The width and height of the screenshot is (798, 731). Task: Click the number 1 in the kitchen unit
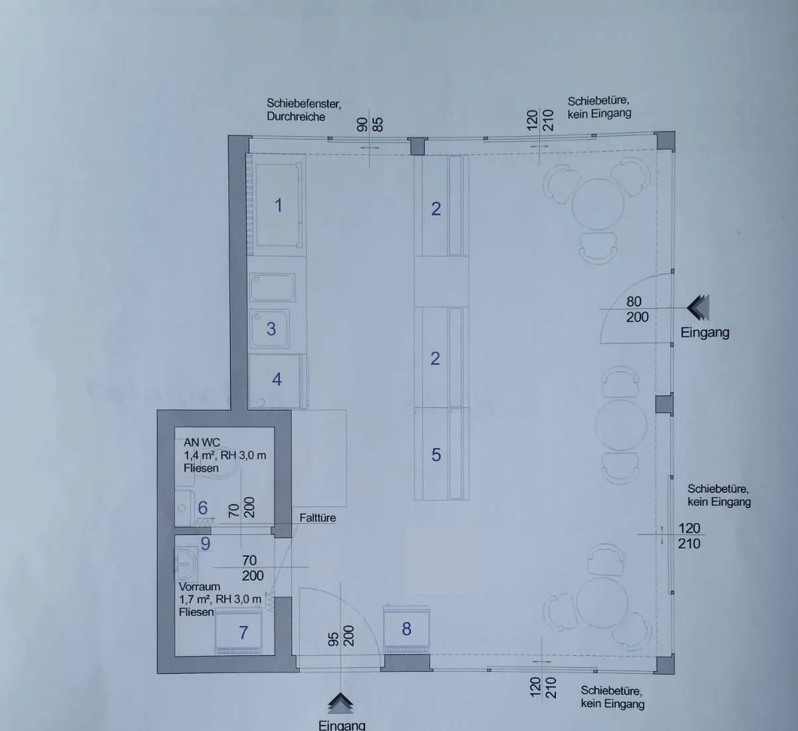279,205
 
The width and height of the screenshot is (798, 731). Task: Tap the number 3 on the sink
271,329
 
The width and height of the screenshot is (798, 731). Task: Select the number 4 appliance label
277,379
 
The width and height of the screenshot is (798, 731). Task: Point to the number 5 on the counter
436,455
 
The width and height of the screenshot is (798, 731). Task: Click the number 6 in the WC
202,508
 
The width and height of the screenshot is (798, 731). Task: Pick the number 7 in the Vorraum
243,633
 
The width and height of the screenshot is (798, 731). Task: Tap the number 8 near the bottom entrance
406,629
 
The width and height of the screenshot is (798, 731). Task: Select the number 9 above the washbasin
205,544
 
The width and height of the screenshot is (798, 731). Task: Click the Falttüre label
317,518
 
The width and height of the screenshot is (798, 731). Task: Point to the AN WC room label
201,443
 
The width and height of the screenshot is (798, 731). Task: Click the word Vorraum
199,587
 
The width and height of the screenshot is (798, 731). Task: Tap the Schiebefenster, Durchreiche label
303,110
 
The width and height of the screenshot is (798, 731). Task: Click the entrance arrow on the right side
698,308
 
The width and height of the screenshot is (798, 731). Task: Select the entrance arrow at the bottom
340,703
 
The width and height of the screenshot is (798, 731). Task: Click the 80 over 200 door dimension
637,310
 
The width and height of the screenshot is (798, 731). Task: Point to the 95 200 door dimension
341,636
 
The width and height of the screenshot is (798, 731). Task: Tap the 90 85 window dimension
370,124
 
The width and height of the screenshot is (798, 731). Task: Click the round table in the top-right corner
598,204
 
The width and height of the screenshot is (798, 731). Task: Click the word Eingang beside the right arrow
705,332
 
